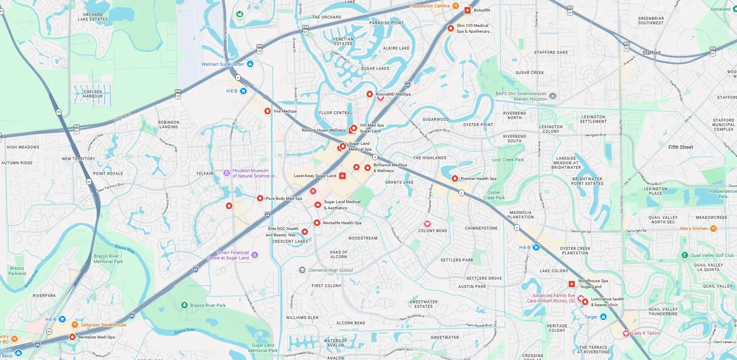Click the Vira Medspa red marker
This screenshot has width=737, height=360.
tap(268, 111)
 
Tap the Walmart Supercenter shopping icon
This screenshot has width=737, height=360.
tap(250, 64)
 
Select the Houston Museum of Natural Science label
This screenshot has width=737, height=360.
tap(250, 173)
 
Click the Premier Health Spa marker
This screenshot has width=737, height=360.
tap(455, 179)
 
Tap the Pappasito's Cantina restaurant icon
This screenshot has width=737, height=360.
tap(455, 6)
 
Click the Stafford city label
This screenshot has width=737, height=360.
tap(651, 53)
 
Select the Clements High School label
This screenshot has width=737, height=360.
tap(330, 270)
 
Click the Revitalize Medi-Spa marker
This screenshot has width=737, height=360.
tap(72, 337)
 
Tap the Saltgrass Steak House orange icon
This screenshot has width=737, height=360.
tap(75, 324)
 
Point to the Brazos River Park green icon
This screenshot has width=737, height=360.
tap(184, 305)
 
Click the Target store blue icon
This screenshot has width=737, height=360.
tap(603, 317)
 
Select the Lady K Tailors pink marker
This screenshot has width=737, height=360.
tap(626, 334)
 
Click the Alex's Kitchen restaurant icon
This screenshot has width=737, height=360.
tap(713, 228)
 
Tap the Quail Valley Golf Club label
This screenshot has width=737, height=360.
tap(712, 255)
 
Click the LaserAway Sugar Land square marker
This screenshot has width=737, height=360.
tap(342, 176)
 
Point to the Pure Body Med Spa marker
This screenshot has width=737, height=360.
tap(260, 199)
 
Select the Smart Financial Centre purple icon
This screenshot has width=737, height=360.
tap(255, 255)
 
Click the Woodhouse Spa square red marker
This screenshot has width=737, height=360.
tap(572, 284)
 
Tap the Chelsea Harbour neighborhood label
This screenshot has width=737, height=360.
tap(93, 94)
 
